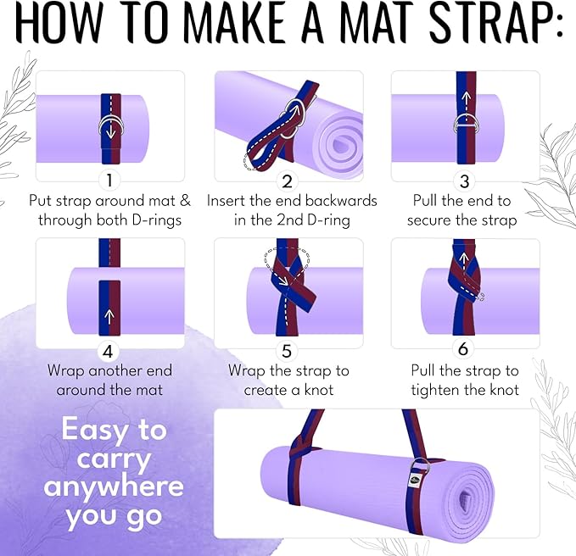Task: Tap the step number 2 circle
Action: pos(288,180)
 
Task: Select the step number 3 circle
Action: pos(464,180)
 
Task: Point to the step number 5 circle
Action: pos(288,348)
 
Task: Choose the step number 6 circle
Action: pos(464,348)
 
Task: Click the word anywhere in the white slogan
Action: pos(114,486)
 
